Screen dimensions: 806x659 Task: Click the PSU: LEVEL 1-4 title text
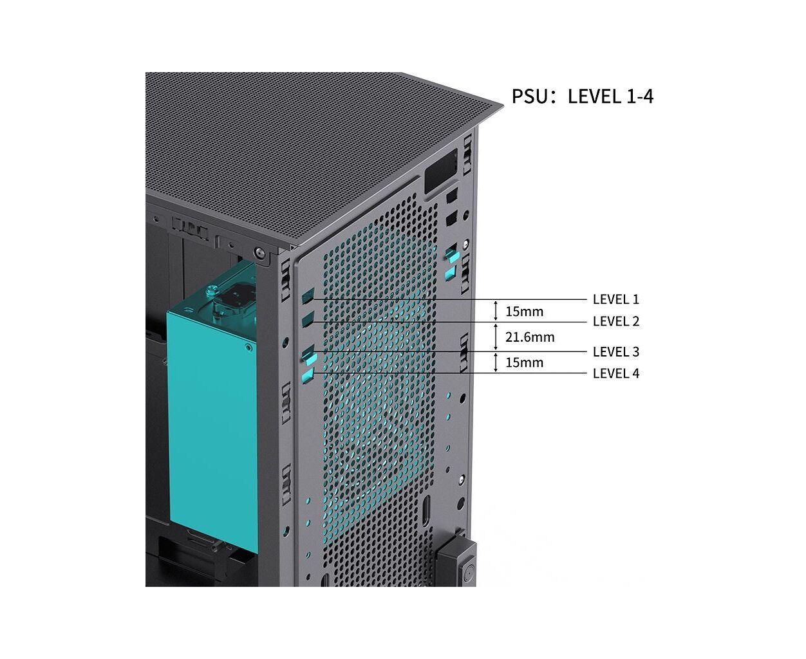tap(583, 97)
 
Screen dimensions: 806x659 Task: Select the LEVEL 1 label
tap(615, 299)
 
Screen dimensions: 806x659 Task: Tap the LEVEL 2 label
tap(615, 321)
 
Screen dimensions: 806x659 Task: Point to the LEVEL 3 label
tap(615, 351)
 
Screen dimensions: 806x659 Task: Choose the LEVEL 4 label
tap(615, 373)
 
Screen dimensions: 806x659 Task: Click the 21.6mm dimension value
tap(530, 337)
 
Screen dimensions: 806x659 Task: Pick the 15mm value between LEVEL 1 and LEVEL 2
tap(524, 311)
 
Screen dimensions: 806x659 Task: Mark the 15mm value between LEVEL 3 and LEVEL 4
tap(524, 362)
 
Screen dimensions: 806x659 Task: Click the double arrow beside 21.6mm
tap(496, 337)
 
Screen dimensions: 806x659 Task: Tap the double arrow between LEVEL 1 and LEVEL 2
tap(496, 311)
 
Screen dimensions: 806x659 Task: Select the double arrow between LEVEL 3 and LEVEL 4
tap(496, 362)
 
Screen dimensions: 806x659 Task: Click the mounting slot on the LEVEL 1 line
tap(308, 296)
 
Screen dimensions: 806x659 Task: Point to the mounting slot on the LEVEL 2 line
tap(308, 319)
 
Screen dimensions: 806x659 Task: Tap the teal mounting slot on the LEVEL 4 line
tap(308, 376)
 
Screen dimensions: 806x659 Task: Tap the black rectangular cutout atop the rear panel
tap(441, 171)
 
